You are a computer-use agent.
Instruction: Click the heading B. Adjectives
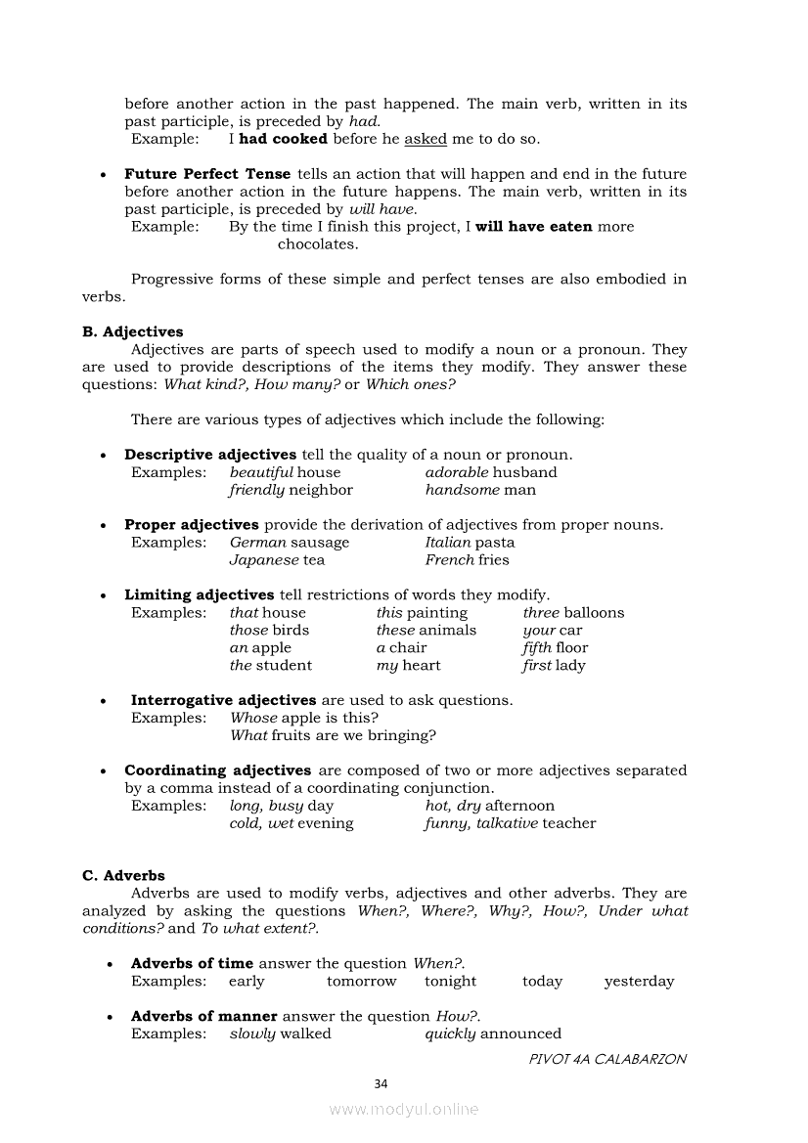pyautogui.click(x=132, y=331)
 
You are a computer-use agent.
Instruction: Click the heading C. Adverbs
pyautogui.click(x=123, y=875)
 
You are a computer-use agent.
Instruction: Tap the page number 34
pyautogui.click(x=382, y=1083)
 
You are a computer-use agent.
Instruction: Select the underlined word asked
pyautogui.click(x=426, y=139)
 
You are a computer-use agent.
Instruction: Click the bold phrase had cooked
pyautogui.click(x=283, y=139)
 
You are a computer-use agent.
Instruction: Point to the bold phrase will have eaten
pyautogui.click(x=534, y=226)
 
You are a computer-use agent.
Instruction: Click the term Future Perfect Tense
pyautogui.click(x=207, y=174)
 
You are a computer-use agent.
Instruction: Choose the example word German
pyautogui.click(x=258, y=542)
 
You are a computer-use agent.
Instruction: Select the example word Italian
pyautogui.click(x=448, y=542)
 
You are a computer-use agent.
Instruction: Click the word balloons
pyautogui.click(x=594, y=612)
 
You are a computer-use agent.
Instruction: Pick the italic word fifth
pyautogui.click(x=538, y=647)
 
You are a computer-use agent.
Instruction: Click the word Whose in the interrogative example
pyautogui.click(x=253, y=718)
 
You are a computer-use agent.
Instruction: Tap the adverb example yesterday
pyautogui.click(x=639, y=981)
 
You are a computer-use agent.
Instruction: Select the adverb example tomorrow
pyautogui.click(x=362, y=981)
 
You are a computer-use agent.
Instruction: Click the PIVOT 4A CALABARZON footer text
pyautogui.click(x=607, y=1058)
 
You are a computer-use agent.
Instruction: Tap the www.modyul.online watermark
pyautogui.click(x=404, y=1109)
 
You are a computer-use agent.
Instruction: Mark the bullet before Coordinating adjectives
pyautogui.click(x=103, y=771)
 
